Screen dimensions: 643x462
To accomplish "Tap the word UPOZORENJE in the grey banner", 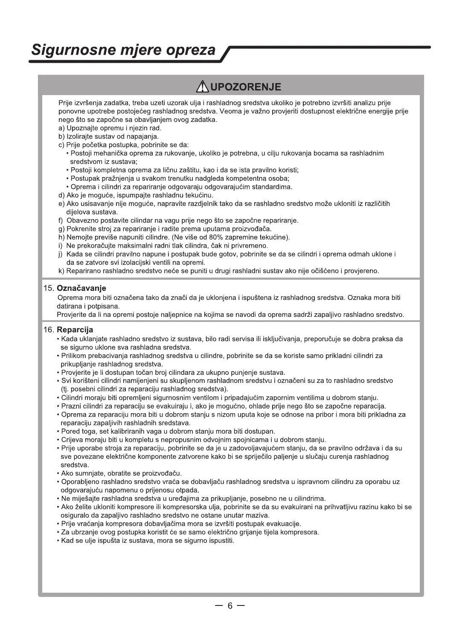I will [246, 87].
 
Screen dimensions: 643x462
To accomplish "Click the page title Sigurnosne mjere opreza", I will [124, 50].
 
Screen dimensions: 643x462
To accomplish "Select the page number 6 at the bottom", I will [230, 606].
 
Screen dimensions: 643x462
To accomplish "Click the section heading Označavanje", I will [81, 288].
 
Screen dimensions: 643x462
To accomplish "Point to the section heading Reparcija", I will [75, 330].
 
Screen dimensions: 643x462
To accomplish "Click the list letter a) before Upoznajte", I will [61, 128].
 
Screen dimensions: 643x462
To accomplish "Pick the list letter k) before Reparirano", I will [61, 271].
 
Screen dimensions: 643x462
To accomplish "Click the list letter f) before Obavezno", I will [61, 220].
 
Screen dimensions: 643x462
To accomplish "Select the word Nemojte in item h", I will [79, 238].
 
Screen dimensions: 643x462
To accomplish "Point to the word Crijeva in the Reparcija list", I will [72, 440].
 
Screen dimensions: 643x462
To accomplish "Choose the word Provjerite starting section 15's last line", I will [73, 315].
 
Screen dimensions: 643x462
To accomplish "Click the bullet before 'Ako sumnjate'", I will [58, 474].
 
